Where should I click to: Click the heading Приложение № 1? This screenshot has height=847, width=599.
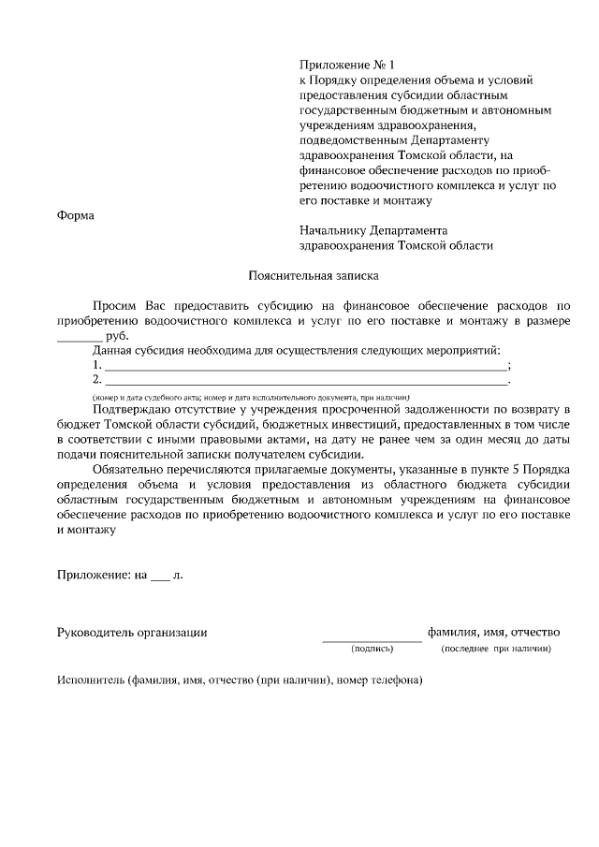point(347,65)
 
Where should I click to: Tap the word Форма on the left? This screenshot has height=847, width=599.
point(76,215)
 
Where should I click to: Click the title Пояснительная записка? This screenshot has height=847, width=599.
point(300,276)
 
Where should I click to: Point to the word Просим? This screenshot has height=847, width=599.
point(115,306)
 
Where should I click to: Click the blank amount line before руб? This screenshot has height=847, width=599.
point(80,340)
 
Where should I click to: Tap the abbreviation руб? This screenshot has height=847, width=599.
point(118,337)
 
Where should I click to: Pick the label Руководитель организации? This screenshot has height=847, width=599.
point(132,633)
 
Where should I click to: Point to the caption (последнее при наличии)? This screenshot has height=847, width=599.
point(495,649)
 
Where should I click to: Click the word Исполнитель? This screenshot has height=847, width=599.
point(90,680)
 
